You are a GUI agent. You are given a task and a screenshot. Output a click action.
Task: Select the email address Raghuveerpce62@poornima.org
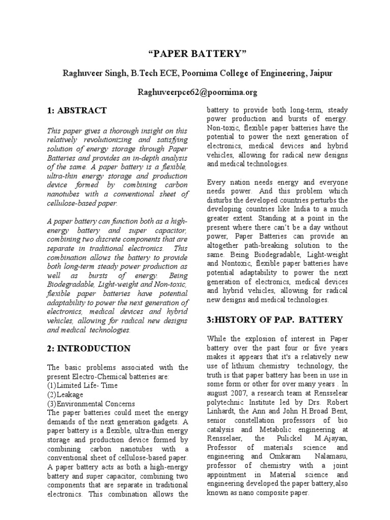coord(195,92)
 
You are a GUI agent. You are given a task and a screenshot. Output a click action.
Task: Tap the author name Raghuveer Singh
coord(91,74)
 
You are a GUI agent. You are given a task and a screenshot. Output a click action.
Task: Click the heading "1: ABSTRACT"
coord(77,110)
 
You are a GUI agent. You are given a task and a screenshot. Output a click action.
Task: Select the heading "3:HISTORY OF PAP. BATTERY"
coord(275,319)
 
